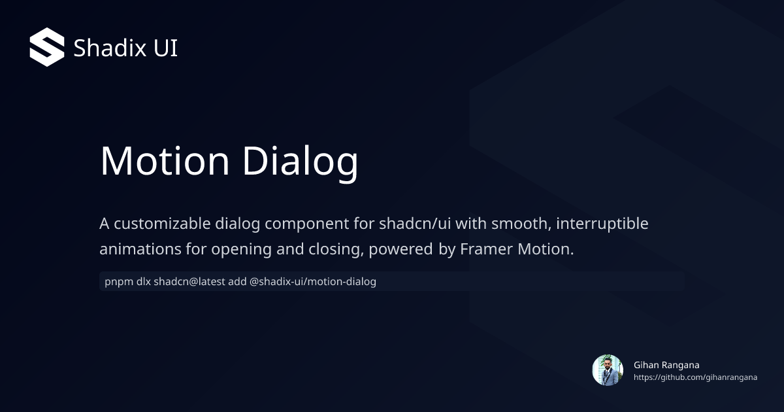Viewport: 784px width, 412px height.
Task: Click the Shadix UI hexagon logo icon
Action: [x=47, y=48]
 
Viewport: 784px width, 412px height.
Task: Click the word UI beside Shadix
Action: [x=165, y=48]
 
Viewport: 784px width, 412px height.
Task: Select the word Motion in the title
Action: [x=165, y=160]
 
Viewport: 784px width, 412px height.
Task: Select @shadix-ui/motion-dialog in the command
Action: [x=313, y=282]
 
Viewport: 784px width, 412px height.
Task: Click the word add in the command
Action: [x=238, y=282]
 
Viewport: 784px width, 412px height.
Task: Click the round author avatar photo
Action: [x=608, y=370]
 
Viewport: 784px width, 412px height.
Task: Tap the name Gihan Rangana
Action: [x=666, y=365]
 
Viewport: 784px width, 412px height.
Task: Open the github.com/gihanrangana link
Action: [x=695, y=378]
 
